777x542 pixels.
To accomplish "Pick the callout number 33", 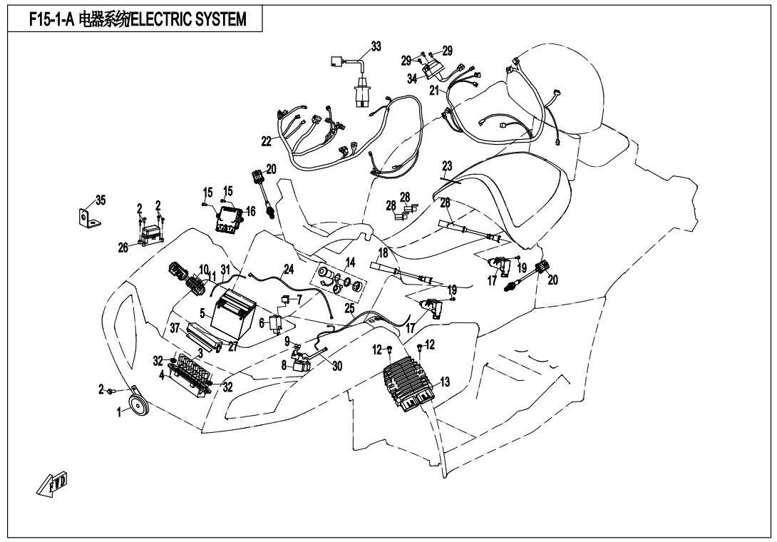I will [375, 47].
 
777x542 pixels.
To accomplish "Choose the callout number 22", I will [267, 142].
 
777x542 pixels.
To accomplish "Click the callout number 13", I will [445, 382].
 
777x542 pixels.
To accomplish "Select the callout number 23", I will [447, 166].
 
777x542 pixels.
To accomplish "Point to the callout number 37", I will [175, 327].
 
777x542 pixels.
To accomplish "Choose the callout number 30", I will [337, 365].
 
